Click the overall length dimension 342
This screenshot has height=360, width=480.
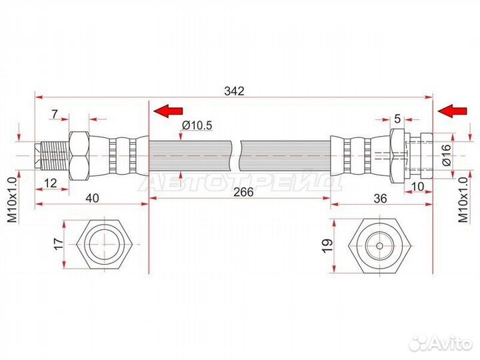[x=234, y=91]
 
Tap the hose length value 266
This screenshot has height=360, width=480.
[x=243, y=192]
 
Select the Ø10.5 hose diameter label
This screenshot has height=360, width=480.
[x=197, y=125]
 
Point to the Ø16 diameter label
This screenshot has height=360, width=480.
[x=447, y=155]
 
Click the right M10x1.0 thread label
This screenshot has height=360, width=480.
[x=463, y=200]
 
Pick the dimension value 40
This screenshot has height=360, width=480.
[x=92, y=198]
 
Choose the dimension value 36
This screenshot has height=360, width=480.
[x=381, y=199]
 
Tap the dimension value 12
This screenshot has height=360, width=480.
[x=51, y=183]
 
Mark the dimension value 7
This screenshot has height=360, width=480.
[x=55, y=114]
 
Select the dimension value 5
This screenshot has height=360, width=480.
[x=397, y=119]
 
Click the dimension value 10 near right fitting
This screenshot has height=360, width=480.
[x=417, y=186]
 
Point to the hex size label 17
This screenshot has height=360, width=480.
[x=58, y=244]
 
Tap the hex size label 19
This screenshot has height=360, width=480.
[x=327, y=245]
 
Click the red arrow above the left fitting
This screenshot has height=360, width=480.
[x=168, y=111]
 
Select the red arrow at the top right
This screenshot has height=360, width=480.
[x=453, y=111]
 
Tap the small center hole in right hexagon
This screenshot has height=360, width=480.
[x=379, y=245]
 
